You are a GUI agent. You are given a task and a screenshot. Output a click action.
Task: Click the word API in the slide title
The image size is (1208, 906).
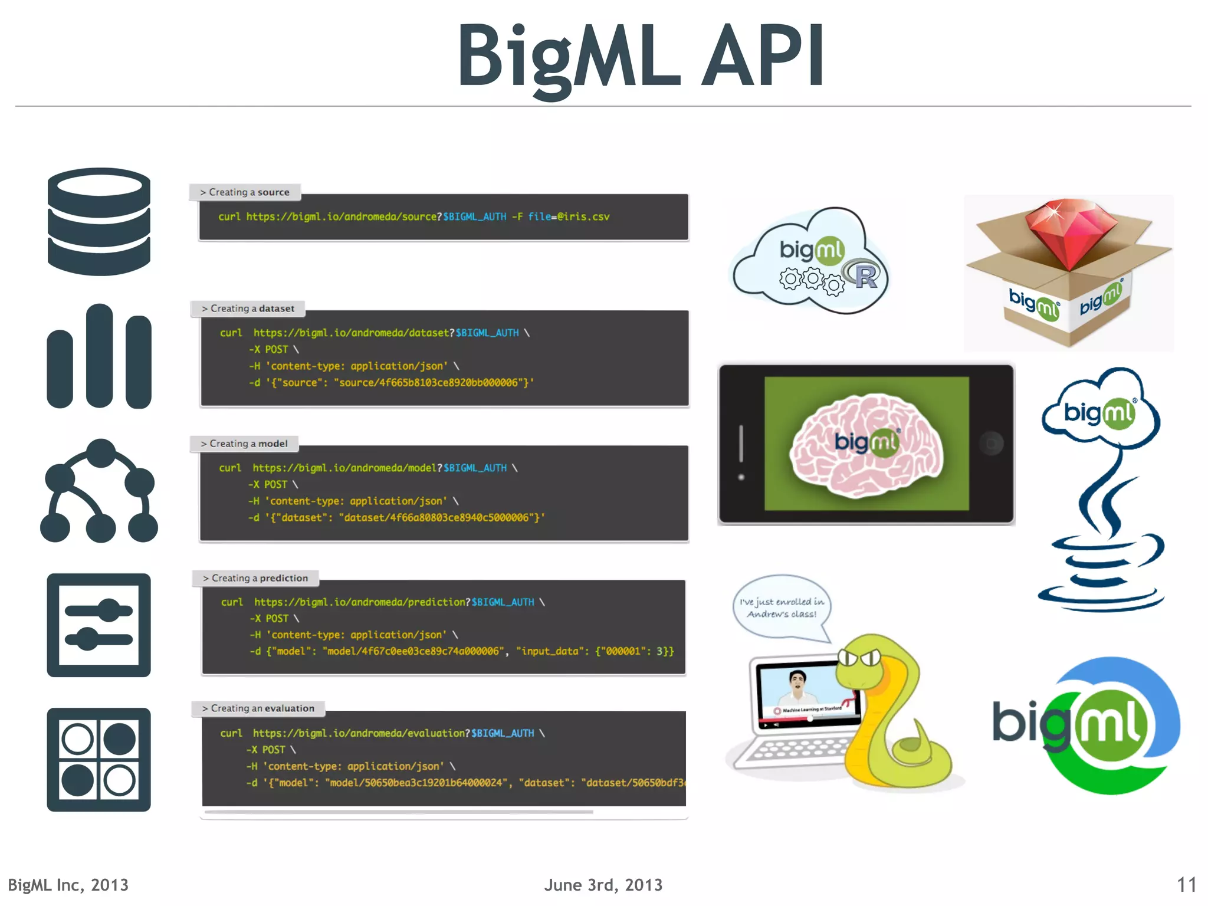pyautogui.click(x=763, y=56)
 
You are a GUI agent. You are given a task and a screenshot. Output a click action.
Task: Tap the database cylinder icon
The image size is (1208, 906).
pyautogui.click(x=99, y=222)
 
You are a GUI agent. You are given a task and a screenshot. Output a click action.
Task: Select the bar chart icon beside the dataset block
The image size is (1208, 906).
pyautogui.click(x=99, y=357)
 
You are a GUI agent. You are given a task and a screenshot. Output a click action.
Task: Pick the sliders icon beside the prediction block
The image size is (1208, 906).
pyautogui.click(x=99, y=625)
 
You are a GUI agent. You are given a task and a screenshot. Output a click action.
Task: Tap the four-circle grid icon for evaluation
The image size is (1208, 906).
pyautogui.click(x=99, y=760)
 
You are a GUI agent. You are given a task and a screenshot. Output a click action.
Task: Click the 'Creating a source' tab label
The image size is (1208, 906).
pyautogui.click(x=245, y=192)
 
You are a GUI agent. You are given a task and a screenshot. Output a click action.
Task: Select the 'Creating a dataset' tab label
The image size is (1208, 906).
pyautogui.click(x=248, y=308)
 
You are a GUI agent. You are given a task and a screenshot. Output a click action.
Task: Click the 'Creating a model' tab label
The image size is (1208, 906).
pyautogui.click(x=244, y=444)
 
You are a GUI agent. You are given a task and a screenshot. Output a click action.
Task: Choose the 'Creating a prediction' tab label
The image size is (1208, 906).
pyautogui.click(x=255, y=578)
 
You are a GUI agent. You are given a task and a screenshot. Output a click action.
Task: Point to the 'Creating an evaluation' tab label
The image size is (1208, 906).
pyautogui.click(x=258, y=708)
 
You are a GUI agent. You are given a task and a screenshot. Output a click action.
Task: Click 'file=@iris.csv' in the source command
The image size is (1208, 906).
pyautogui.click(x=569, y=216)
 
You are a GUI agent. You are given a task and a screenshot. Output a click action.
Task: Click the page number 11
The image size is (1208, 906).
pyautogui.click(x=1186, y=885)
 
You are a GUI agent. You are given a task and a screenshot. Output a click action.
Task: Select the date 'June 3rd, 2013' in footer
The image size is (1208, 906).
pyautogui.click(x=603, y=885)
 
